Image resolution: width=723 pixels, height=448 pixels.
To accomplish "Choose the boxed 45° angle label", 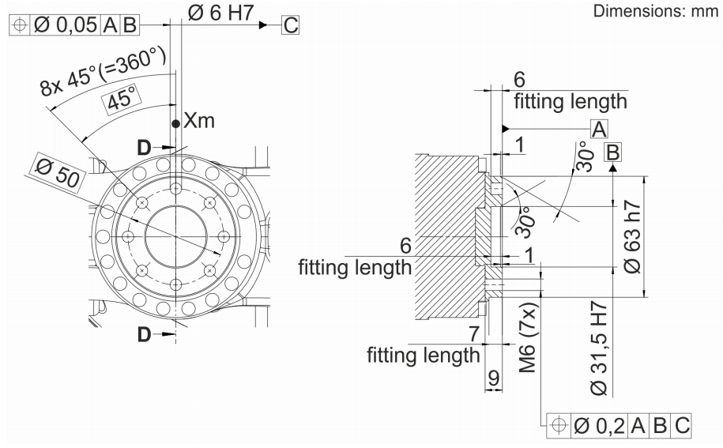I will (x=123, y=100).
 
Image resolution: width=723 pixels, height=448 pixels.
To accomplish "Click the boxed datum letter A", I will (x=600, y=129).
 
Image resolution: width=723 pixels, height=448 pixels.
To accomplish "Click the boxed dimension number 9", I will (x=492, y=378).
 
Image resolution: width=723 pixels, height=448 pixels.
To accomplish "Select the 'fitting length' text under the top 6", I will (x=570, y=100).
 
